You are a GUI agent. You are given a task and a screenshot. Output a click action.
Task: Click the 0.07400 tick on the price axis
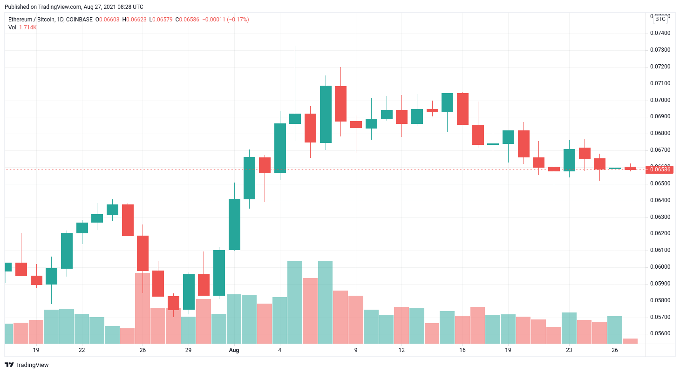click(x=660, y=33)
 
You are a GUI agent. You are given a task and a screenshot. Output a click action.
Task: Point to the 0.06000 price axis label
click(x=660, y=267)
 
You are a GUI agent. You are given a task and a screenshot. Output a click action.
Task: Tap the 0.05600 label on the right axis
click(x=660, y=334)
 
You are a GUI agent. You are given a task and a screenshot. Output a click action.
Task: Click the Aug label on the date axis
click(x=234, y=350)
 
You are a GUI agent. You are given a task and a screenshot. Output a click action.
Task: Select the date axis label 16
click(x=462, y=350)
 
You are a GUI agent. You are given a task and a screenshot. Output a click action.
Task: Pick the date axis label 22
click(x=82, y=350)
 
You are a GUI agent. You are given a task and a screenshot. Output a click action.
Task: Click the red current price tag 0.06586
click(x=660, y=170)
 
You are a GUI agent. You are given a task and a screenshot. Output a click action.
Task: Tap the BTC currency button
click(x=660, y=19)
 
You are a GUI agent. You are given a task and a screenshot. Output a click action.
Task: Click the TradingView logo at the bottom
click(x=27, y=365)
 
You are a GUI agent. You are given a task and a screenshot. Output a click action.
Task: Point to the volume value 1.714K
click(x=28, y=27)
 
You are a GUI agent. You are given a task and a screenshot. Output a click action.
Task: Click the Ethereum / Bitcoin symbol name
click(x=34, y=20)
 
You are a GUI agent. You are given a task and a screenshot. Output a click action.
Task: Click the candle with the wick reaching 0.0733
click(x=295, y=118)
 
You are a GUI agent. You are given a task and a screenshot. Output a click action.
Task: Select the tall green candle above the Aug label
click(x=234, y=224)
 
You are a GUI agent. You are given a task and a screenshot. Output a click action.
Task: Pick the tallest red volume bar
click(x=143, y=307)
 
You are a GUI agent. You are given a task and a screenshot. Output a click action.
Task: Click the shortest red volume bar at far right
click(x=630, y=341)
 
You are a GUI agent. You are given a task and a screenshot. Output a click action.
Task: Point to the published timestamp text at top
click(x=74, y=7)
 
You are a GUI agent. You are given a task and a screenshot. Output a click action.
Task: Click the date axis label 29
click(x=188, y=350)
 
